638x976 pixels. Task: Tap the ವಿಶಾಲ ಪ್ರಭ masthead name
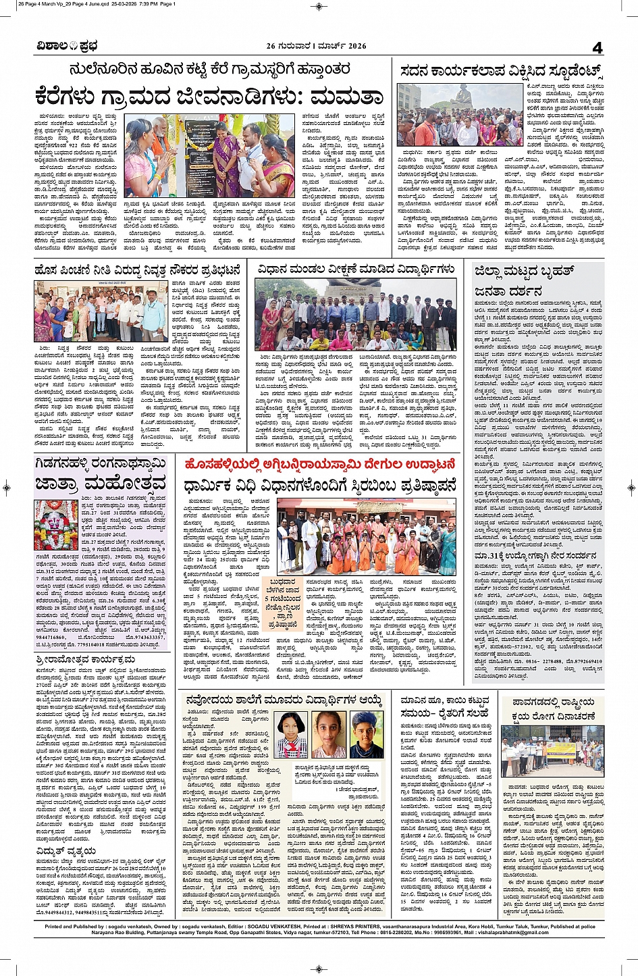(68, 47)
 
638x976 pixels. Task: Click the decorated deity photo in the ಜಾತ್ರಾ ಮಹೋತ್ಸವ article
(57, 524)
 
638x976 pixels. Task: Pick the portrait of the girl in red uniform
(292, 734)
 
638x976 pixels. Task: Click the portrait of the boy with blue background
(367, 734)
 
